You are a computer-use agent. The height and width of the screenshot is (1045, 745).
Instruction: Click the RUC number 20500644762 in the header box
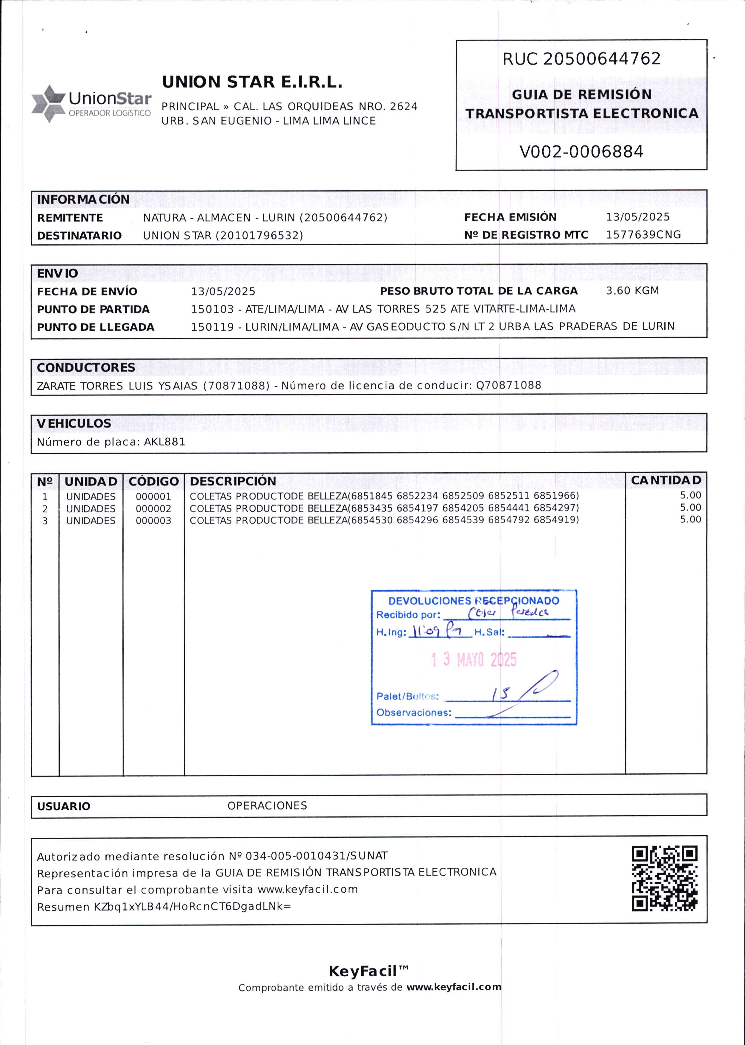click(x=602, y=59)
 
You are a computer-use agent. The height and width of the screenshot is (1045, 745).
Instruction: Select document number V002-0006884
click(x=581, y=152)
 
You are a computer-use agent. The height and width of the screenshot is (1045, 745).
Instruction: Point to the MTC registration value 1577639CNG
click(x=643, y=235)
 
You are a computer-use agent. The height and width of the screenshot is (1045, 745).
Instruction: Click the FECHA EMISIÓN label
click(x=510, y=217)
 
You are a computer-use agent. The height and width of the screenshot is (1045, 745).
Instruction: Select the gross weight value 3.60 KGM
click(x=632, y=290)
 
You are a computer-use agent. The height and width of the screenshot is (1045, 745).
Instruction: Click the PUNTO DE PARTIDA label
click(x=93, y=309)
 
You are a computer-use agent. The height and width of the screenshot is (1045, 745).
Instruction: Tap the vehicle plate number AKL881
click(x=164, y=442)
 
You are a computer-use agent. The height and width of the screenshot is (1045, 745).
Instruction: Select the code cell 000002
click(x=153, y=508)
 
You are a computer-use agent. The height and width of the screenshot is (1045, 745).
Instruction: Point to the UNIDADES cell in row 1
click(x=91, y=497)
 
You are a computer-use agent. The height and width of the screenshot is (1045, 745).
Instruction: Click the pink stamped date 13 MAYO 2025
click(x=474, y=660)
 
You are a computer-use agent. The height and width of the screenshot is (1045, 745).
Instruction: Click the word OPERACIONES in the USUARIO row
click(x=267, y=805)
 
